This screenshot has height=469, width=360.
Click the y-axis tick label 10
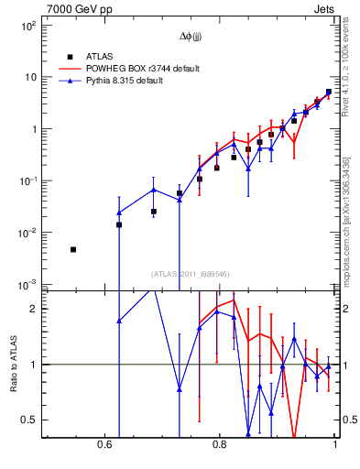coord(29,78)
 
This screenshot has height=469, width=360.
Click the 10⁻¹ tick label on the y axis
coord(27,181)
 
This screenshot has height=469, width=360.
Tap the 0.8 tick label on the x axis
coord(219,445)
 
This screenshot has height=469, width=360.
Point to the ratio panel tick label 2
coord(33,309)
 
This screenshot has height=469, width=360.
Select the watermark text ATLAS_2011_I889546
coord(191,274)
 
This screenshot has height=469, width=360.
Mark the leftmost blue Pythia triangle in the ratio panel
coord(119,321)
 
